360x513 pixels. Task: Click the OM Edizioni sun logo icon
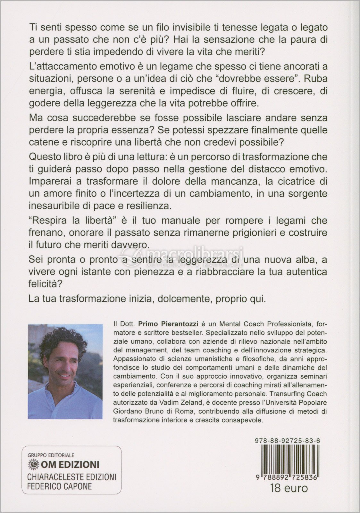[32, 464]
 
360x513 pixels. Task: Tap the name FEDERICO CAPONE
[59, 486]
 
